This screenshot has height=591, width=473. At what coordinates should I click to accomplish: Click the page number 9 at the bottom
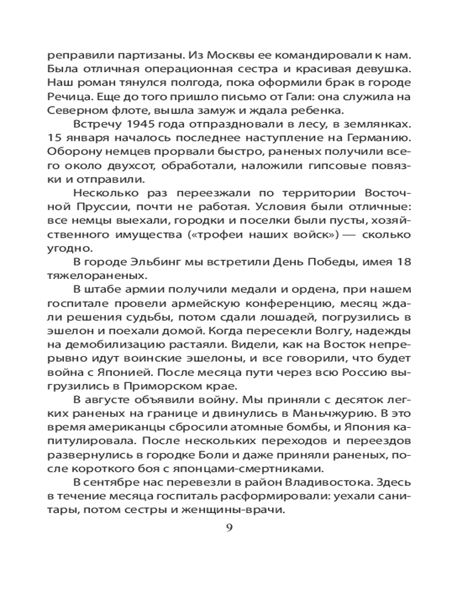click(230, 527)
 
